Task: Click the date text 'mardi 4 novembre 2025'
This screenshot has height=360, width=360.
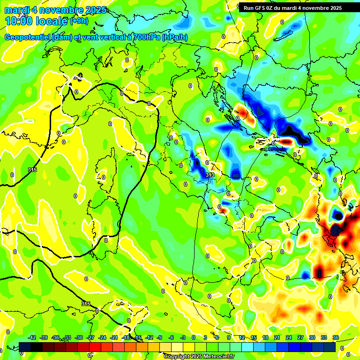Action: pyautogui.click(x=55, y=10)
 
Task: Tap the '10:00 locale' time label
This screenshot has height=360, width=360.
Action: pyautogui.click(x=36, y=21)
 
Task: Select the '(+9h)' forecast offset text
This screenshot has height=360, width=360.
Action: pyautogui.click(x=79, y=21)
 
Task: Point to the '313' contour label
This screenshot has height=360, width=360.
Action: pyautogui.click(x=210, y=175)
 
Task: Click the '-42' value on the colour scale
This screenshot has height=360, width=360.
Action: pyautogui.click(x=32, y=337)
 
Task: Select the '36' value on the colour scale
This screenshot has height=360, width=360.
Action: pyautogui.click(x=335, y=337)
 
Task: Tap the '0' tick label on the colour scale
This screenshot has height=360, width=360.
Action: pyautogui.click(x=194, y=337)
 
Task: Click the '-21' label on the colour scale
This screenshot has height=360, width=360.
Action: pyautogui.click(x=114, y=337)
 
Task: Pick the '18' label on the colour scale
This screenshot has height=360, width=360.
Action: pyautogui.click(x=265, y=337)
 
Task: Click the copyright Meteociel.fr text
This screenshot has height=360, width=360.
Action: pyautogui.click(x=199, y=356)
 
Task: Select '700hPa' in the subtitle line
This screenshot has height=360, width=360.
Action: pyautogui.click(x=146, y=37)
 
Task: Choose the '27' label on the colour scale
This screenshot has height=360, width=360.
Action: pyautogui.click(x=300, y=337)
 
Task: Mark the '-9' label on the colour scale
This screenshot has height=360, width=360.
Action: pyautogui.click(x=159, y=337)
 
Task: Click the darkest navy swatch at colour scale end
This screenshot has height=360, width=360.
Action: pyautogui.click(x=330, y=347)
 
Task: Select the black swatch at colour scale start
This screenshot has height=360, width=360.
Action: pyautogui.click(x=25, y=347)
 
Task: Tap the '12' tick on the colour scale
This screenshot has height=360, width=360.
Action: pyautogui.click(x=241, y=337)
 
